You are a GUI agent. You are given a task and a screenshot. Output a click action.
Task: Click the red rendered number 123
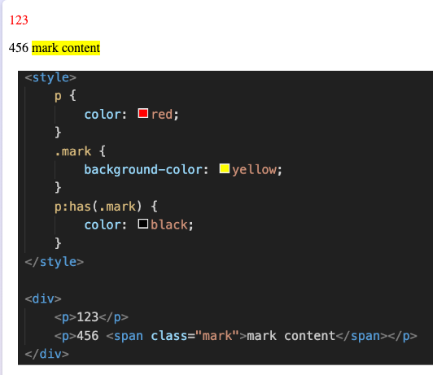[x=19, y=20]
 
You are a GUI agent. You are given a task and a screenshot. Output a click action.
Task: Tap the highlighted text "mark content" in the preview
[x=66, y=48]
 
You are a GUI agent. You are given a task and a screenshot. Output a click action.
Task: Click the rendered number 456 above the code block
[x=19, y=48]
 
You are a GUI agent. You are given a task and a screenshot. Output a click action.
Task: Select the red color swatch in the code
[x=142, y=113]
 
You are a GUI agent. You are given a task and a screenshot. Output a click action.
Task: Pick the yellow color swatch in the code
[x=225, y=168]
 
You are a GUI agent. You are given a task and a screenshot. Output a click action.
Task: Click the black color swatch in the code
[x=142, y=224]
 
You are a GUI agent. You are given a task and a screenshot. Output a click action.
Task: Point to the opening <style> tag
[x=50, y=78]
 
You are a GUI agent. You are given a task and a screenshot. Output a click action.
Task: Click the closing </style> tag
[x=55, y=262]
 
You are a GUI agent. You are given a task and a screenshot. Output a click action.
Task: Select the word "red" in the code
[x=162, y=115]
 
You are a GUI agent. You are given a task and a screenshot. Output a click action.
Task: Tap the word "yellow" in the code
[x=254, y=170]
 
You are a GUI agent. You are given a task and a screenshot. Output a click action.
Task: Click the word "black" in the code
[x=169, y=225]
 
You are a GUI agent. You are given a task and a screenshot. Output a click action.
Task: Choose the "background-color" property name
[x=143, y=170]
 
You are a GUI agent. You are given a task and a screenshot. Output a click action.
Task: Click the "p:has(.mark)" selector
[x=98, y=207]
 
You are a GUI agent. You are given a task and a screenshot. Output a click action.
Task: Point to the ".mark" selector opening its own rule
[x=73, y=151]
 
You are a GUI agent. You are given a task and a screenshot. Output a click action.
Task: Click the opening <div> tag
[x=43, y=299]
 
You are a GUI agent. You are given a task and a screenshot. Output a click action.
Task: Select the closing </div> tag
[x=47, y=354]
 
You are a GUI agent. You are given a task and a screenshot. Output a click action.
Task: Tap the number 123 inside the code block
[x=88, y=317]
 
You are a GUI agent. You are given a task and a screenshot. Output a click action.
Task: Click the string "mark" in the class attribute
[x=217, y=336]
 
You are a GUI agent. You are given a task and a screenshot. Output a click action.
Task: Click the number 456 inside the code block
[x=88, y=336]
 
